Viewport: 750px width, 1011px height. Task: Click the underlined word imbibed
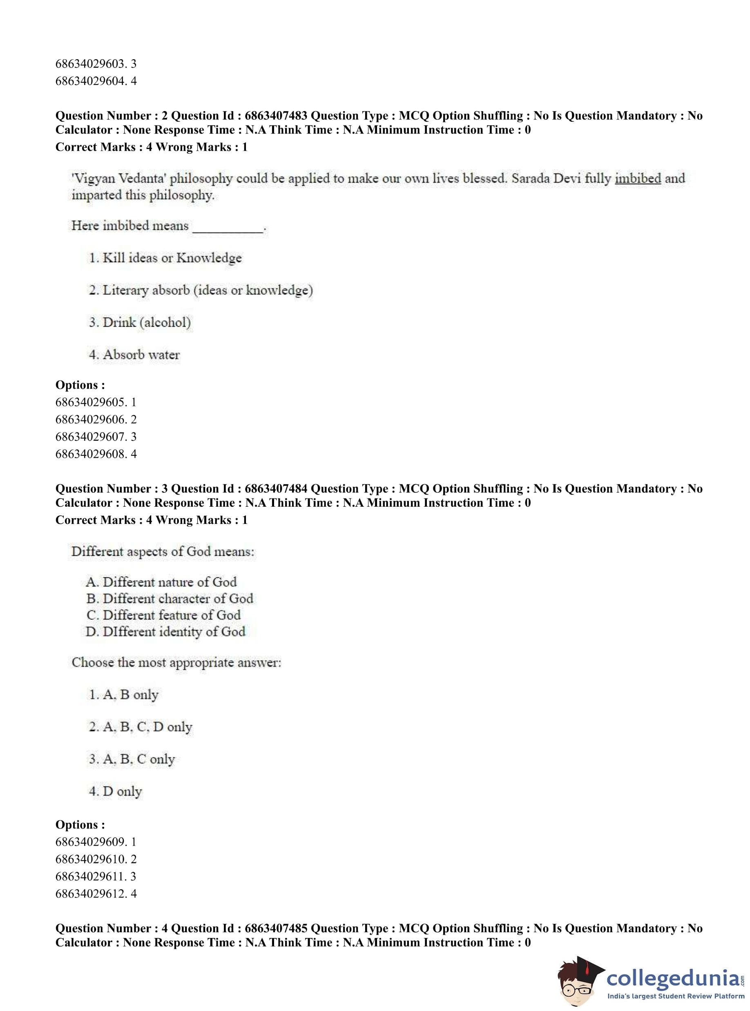point(637,178)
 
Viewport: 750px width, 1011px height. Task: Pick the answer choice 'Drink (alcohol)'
point(140,322)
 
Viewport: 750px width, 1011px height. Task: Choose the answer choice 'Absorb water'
point(134,354)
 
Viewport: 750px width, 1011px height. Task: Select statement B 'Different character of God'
point(170,599)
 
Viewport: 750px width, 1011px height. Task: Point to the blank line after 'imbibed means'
point(228,227)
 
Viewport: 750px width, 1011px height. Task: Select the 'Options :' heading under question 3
point(80,824)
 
